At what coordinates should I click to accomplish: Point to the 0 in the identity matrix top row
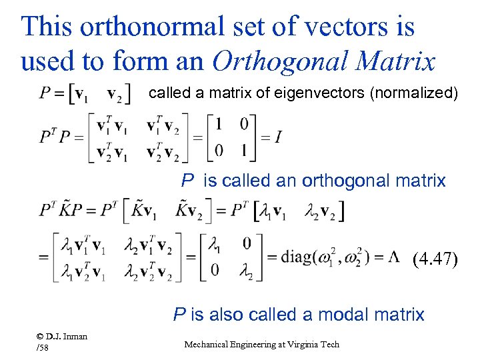tap(245, 124)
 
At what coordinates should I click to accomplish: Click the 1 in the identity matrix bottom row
tap(245, 151)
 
